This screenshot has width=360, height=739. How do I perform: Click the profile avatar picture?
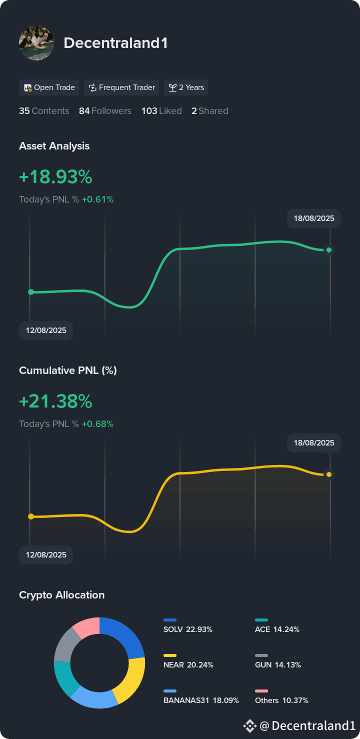pos(36,43)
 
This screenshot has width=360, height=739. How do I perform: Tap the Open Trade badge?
pos(49,87)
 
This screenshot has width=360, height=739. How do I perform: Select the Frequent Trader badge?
pos(121,87)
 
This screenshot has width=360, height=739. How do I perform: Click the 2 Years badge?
pos(186,87)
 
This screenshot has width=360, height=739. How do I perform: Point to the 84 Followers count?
pos(104,111)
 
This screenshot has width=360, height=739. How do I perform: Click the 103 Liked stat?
pos(161,111)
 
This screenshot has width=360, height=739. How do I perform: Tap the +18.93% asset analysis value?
pos(55,177)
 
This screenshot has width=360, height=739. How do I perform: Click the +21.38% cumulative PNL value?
pos(55,401)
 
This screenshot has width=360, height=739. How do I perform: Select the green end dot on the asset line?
pos(328,249)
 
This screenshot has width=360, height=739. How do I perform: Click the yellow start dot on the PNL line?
pos(31,516)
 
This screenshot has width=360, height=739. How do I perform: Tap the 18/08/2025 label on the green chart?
pos(314,218)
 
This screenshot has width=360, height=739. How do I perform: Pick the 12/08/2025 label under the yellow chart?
pos(46,555)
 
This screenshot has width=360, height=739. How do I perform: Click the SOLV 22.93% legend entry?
pos(187,629)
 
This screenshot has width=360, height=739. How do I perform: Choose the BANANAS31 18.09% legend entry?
pos(200,700)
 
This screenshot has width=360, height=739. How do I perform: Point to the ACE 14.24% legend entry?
pos(276,629)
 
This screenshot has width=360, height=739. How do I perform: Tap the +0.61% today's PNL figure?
pos(97,199)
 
